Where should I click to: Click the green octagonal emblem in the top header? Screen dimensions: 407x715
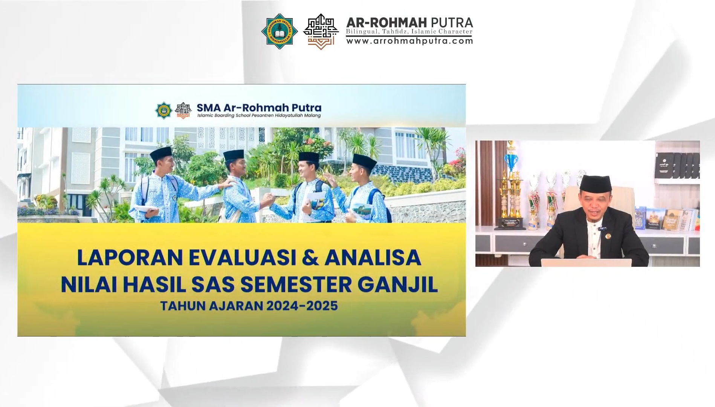click(280, 31)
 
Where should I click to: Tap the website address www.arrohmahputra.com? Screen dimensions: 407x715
click(409, 41)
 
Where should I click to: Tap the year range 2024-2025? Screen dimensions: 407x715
click(302, 306)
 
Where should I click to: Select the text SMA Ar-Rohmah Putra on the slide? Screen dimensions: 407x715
click(259, 108)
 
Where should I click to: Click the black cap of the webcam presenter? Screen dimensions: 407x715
click(595, 184)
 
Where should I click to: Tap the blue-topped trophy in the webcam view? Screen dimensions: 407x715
click(511, 158)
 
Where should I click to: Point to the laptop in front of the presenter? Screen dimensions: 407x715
click(586, 263)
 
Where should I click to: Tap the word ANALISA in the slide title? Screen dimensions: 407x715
click(373, 257)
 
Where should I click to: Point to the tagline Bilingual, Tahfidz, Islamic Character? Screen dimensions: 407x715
click(409, 32)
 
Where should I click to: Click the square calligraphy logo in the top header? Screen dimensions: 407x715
click(321, 31)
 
